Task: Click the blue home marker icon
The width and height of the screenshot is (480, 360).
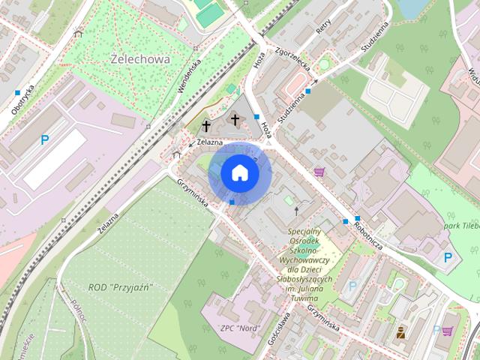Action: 240,173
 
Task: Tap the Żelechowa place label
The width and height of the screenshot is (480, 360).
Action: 140,58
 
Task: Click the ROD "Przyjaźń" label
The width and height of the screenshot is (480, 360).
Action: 121,287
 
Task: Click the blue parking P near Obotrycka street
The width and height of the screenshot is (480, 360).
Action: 45,139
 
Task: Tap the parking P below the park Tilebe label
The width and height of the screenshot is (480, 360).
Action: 448,257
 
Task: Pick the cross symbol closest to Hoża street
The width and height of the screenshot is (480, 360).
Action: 235,119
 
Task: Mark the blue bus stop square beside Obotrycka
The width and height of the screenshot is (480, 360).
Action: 16,92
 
